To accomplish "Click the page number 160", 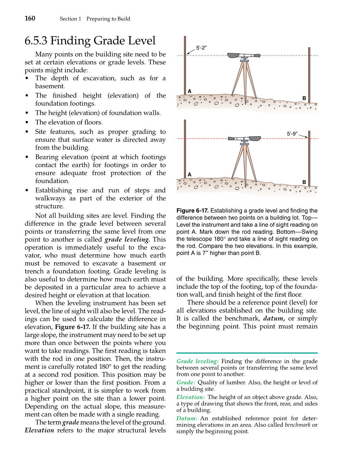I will pyautogui.click(x=30, y=18).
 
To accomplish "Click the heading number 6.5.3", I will pyautogui.click(x=36, y=41).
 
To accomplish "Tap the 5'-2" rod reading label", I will pyautogui.click(x=201, y=48).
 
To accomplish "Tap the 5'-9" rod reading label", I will pyautogui.click(x=292, y=134).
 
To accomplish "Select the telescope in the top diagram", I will pyautogui.click(x=244, y=55).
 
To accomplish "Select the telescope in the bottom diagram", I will pyautogui.click(x=244, y=139).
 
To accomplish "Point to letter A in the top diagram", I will pyautogui.click(x=189, y=91).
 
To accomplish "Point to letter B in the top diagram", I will pyautogui.click(x=304, y=98).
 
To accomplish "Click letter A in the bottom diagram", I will pyautogui.click(x=189, y=175).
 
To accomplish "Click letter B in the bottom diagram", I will pyautogui.click(x=304, y=182).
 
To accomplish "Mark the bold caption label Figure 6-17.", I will pyautogui.click(x=192, y=211).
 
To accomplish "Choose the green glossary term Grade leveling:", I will pyautogui.click(x=197, y=361).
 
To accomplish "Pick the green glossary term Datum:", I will pyautogui.click(x=187, y=418).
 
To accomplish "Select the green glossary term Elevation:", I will pyautogui.click(x=191, y=397).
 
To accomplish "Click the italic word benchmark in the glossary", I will pyautogui.click(x=297, y=425).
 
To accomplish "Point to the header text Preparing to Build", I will pyautogui.click(x=108, y=19).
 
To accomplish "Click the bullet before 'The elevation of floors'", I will pyautogui.click(x=27, y=122).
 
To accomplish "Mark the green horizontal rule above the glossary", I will pyautogui.click(x=247, y=353).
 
